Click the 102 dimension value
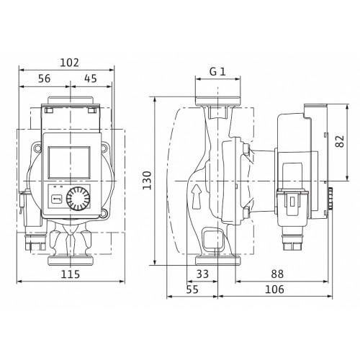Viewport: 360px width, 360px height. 69,63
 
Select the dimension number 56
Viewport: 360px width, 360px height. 45,78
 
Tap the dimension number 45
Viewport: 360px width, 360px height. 91,78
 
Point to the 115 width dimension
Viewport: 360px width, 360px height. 71,274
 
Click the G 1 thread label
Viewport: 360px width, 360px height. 217,71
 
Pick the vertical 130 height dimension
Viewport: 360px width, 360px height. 147,180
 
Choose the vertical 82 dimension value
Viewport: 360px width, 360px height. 340,141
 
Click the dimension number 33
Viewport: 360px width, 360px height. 202,274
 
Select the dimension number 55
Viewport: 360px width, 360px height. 192,289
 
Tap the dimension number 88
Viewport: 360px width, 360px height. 277,274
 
